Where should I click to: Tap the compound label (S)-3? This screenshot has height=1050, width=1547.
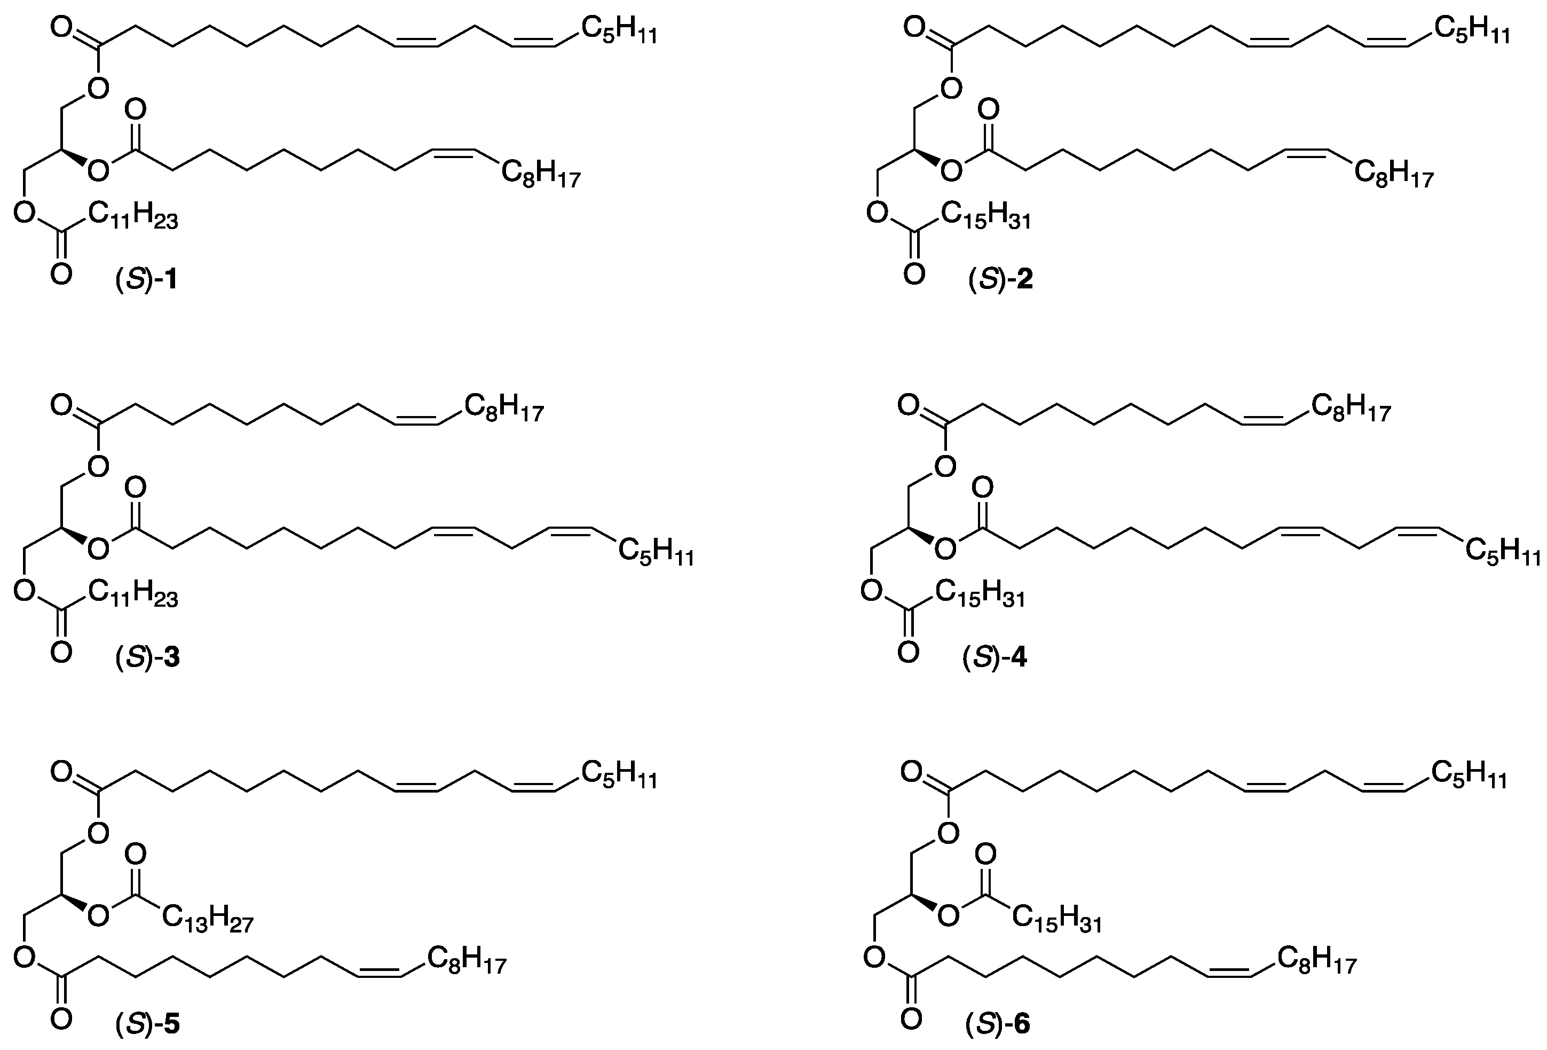[x=146, y=659]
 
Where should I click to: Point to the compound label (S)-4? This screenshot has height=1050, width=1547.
[x=995, y=659]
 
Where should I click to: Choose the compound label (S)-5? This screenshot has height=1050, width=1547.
[x=146, y=1023]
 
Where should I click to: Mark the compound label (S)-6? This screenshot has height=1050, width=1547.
[x=997, y=1023]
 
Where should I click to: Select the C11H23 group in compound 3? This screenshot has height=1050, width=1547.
[x=132, y=594]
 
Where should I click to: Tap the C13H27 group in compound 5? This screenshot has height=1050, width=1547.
[x=207, y=920]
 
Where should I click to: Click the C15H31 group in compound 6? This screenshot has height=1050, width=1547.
[x=1057, y=920]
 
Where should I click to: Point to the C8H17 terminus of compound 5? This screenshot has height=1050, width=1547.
[x=466, y=960]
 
